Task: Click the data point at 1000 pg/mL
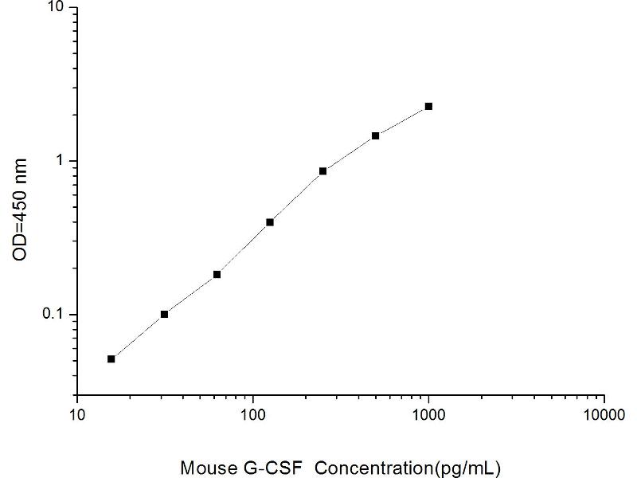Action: coord(428,106)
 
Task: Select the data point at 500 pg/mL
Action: coord(375,135)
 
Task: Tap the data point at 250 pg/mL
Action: coord(322,170)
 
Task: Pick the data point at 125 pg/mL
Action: coord(270,222)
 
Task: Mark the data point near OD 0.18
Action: coord(217,274)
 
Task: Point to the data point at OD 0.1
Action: coord(164,314)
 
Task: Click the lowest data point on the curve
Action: coord(111,358)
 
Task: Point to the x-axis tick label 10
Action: coord(77,415)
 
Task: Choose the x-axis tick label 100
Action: coord(253,415)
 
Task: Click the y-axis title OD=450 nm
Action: coord(21,210)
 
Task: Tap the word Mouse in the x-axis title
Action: coord(202,466)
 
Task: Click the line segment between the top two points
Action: coord(402,120)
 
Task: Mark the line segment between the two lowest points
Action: coord(138,336)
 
